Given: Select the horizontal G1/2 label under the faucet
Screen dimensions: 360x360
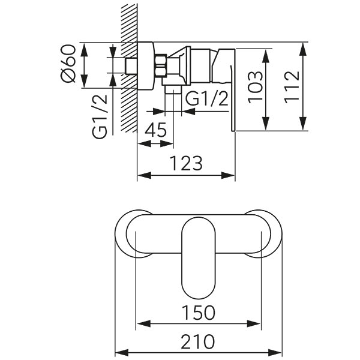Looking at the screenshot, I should (207, 99).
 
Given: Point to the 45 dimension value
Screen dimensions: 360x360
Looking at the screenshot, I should (155, 131).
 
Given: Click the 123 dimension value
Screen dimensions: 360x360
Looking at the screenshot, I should (185, 162).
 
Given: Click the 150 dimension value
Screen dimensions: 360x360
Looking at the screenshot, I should (198, 312).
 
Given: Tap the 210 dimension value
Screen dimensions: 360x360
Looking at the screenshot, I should (198, 342).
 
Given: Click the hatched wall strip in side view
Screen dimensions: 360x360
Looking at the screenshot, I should (128, 66).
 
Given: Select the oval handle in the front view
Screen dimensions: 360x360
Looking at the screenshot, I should (199, 257).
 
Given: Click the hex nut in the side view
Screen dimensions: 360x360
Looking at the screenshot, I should (161, 65).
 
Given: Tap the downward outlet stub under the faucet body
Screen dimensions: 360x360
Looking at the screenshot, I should (173, 89).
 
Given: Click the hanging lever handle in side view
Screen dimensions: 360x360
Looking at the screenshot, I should (229, 90).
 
